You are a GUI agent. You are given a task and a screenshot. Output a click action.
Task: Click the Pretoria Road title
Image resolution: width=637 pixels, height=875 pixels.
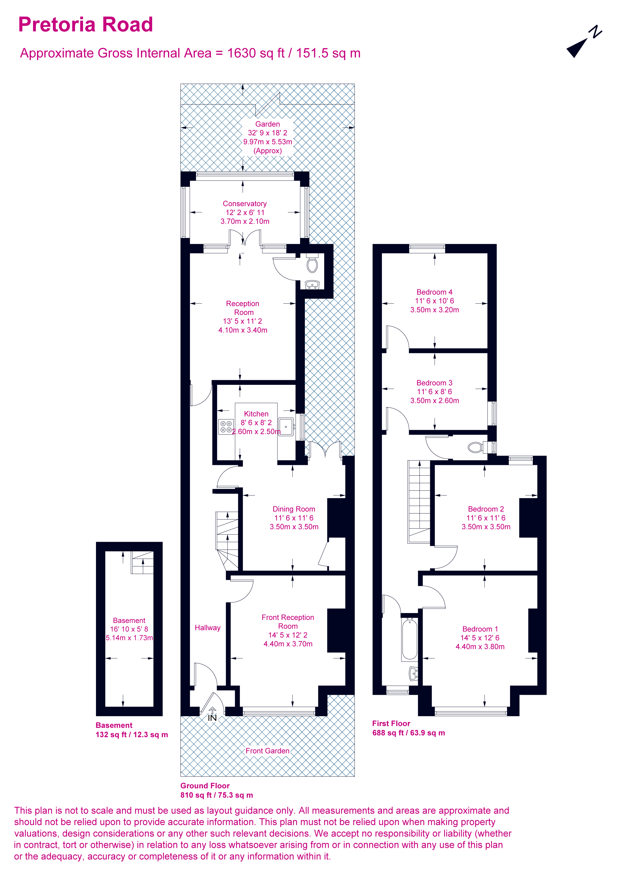coord(86,25)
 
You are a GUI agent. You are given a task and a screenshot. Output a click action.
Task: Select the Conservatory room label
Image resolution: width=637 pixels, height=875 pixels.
coord(245,204)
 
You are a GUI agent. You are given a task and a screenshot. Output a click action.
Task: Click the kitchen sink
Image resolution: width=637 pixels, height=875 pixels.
coord(286,426)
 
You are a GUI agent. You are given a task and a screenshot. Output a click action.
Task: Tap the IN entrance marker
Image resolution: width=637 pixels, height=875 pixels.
coord(212,718)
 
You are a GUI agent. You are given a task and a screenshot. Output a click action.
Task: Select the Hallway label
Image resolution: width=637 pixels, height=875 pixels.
coord(208,628)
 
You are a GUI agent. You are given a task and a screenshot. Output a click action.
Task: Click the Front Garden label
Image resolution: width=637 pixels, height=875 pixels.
coord(268,750)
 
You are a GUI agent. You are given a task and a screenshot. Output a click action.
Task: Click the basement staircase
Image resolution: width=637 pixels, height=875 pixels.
coord(143,563)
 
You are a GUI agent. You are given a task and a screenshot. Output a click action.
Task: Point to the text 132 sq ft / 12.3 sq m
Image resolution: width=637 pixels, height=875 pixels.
coord(132,735)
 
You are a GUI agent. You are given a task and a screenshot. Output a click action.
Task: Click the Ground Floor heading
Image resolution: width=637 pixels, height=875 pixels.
coord(205,786)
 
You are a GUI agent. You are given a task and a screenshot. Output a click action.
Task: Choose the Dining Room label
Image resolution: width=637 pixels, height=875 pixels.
coord(294,509)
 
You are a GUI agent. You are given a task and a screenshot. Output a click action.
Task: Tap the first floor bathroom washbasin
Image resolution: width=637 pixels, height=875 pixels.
coord(413,674)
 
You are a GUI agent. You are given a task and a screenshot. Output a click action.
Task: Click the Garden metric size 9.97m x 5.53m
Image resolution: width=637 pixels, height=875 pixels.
coord(268,142)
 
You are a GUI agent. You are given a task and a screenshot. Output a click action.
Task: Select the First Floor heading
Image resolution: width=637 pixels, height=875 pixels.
coord(391,723)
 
